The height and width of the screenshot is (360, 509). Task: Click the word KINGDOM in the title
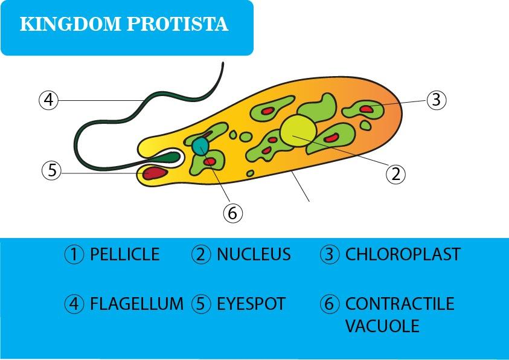pyautogui.click(x=71, y=24)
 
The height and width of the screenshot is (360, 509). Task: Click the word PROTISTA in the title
pyautogui.click(x=178, y=24)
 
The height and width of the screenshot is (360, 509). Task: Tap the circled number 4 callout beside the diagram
pyautogui.click(x=48, y=100)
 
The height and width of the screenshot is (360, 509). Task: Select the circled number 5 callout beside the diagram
pyautogui.click(x=51, y=170)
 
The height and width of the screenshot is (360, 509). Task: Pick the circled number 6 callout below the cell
pyautogui.click(x=232, y=213)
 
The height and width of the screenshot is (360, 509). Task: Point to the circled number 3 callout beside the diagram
pyautogui.click(x=437, y=100)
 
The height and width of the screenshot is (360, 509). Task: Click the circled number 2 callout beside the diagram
pyautogui.click(x=395, y=175)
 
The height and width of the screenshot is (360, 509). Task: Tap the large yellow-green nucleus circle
pyautogui.click(x=298, y=131)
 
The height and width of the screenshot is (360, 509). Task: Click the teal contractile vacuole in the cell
pyautogui.click(x=200, y=146)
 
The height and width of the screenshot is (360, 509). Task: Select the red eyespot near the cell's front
pyautogui.click(x=155, y=172)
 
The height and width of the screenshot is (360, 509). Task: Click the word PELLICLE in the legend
pyautogui.click(x=124, y=254)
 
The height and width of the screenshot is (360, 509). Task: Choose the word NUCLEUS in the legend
pyautogui.click(x=254, y=254)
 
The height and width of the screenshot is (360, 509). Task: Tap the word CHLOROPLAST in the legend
pyautogui.click(x=403, y=254)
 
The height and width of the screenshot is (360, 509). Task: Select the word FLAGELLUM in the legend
pyautogui.click(x=136, y=304)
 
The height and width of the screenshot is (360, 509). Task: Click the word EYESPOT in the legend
pyautogui.click(x=251, y=304)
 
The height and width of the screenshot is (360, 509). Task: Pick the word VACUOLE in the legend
pyautogui.click(x=382, y=326)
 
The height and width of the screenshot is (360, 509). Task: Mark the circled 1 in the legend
pyautogui.click(x=74, y=254)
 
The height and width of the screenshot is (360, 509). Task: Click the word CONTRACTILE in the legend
pyautogui.click(x=400, y=304)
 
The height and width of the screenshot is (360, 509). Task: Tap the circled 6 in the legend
pyautogui.click(x=329, y=304)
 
